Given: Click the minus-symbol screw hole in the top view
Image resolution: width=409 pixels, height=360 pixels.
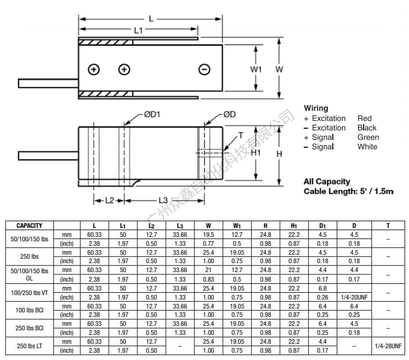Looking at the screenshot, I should click(204, 69).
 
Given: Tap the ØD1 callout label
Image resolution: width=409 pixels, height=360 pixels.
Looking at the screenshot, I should click(152, 114).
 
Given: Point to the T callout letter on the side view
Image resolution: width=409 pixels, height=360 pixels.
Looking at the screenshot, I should click(241, 135).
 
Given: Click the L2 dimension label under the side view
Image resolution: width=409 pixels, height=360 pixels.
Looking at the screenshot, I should click(109, 200).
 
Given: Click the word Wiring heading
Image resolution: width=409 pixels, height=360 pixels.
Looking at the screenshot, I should click(316, 108).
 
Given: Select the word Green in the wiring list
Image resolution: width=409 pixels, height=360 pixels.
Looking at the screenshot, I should click(368, 137).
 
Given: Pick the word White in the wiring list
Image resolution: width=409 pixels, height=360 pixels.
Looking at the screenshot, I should click(367, 147).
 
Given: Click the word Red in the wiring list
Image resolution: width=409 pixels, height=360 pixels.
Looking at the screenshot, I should click(364, 119).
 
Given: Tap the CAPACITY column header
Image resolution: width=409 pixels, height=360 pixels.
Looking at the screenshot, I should click(30, 226).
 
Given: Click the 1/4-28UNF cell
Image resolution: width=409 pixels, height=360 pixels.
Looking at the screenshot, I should click(388, 345).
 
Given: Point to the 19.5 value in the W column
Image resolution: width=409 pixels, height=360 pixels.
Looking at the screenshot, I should click(208, 235).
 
